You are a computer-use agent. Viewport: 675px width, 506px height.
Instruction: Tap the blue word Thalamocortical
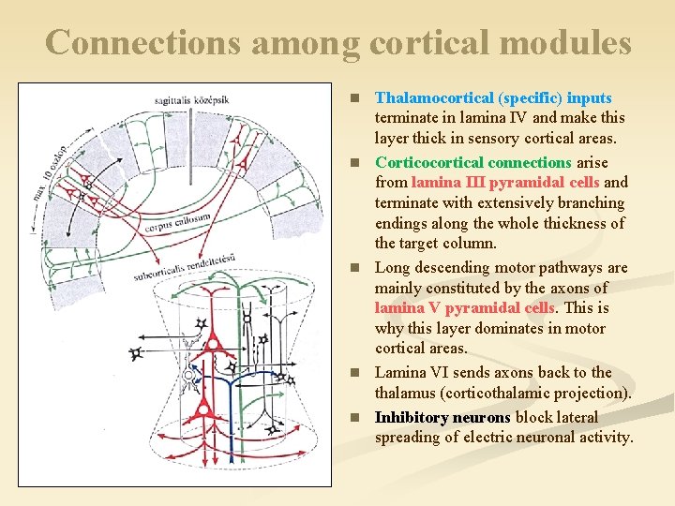click(434, 97)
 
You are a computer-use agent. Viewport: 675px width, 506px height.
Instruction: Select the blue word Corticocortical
click(426, 162)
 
